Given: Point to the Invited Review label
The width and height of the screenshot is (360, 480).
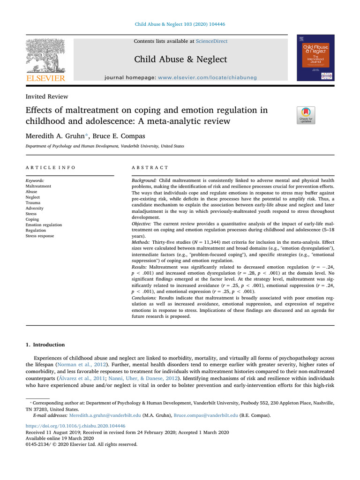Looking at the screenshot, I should [x=46, y=97].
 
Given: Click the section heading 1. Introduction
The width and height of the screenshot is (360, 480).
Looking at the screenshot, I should [x=45, y=345].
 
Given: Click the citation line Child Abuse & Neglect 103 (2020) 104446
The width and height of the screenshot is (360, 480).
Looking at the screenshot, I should [x=180, y=24].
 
